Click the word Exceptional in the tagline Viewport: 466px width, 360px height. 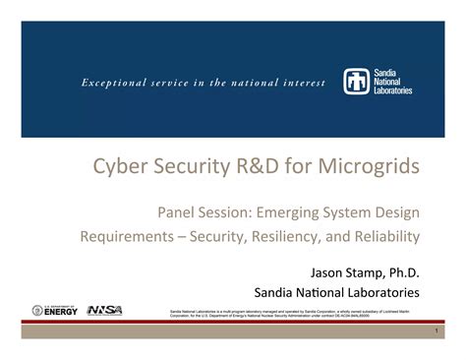99,83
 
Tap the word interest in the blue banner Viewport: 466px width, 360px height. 300,83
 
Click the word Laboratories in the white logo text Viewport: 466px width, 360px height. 391,90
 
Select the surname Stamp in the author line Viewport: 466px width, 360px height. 364,270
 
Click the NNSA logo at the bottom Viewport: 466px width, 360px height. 105,310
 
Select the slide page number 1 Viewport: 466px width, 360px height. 433,330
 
